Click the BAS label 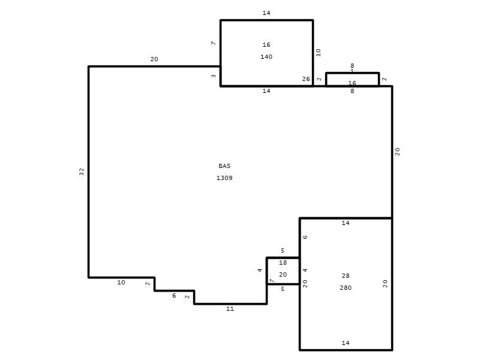(224, 166)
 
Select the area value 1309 (224, 178)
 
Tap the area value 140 (266, 56)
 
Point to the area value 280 (346, 288)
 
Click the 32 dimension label (82, 172)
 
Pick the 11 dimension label (230, 309)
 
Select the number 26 (306, 79)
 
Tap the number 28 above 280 (346, 276)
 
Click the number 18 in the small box (283, 263)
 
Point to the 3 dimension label (214, 76)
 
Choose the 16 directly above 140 (266, 44)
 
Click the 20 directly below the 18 (283, 275)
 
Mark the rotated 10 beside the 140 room (319, 53)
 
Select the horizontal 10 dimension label (121, 283)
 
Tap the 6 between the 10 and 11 (174, 296)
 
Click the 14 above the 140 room (266, 13)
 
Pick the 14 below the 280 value (346, 343)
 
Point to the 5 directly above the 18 (283, 251)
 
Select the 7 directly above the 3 (214, 43)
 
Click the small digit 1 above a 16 (352, 71)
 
